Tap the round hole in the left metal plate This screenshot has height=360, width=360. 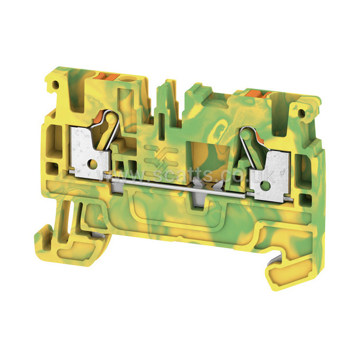click(92, 164)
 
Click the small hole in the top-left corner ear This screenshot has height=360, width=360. click(55, 85)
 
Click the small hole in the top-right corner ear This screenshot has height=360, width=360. click(301, 113)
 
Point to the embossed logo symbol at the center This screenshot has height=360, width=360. click(160, 157)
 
